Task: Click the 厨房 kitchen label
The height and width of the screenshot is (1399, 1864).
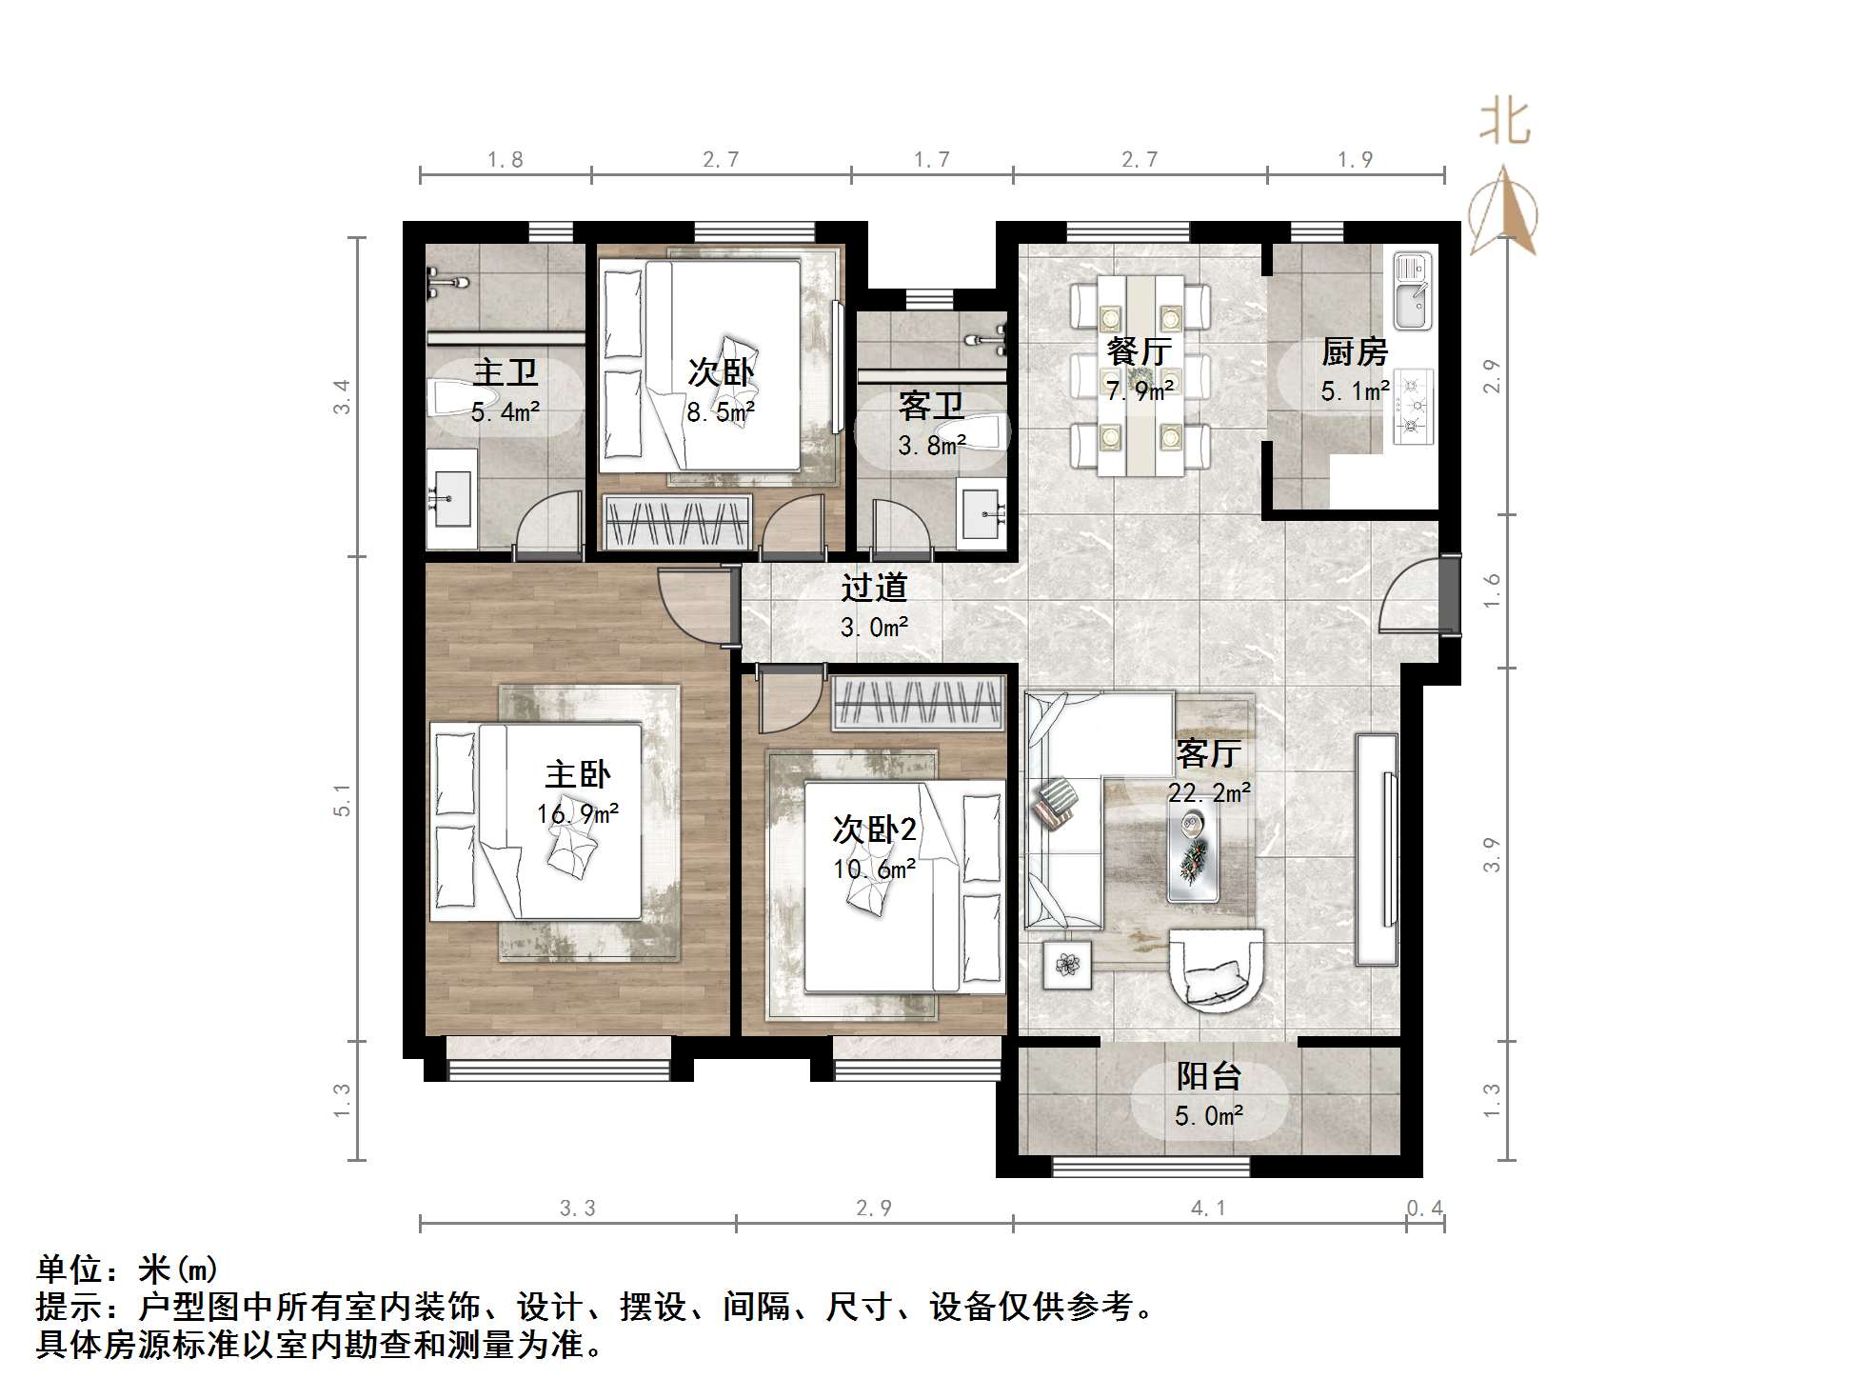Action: (x=1354, y=352)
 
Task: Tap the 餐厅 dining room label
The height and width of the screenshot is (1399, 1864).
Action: (x=1139, y=351)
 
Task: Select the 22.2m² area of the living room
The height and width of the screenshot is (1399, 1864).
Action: (x=1209, y=792)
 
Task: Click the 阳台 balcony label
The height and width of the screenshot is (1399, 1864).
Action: (x=1209, y=1076)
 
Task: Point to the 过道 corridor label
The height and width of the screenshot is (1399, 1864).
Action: (x=873, y=588)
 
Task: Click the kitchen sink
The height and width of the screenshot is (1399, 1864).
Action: (x=1413, y=290)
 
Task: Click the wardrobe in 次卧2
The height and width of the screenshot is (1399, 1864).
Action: (x=918, y=704)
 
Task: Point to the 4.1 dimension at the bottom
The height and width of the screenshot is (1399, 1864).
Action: (x=1208, y=1209)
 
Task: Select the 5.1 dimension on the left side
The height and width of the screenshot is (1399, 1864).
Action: (x=343, y=800)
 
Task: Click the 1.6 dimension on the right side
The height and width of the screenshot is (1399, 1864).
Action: (x=1492, y=590)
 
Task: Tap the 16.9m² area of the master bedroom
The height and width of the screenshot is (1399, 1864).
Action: (x=578, y=814)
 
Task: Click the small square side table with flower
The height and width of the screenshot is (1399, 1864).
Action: (x=1067, y=965)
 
